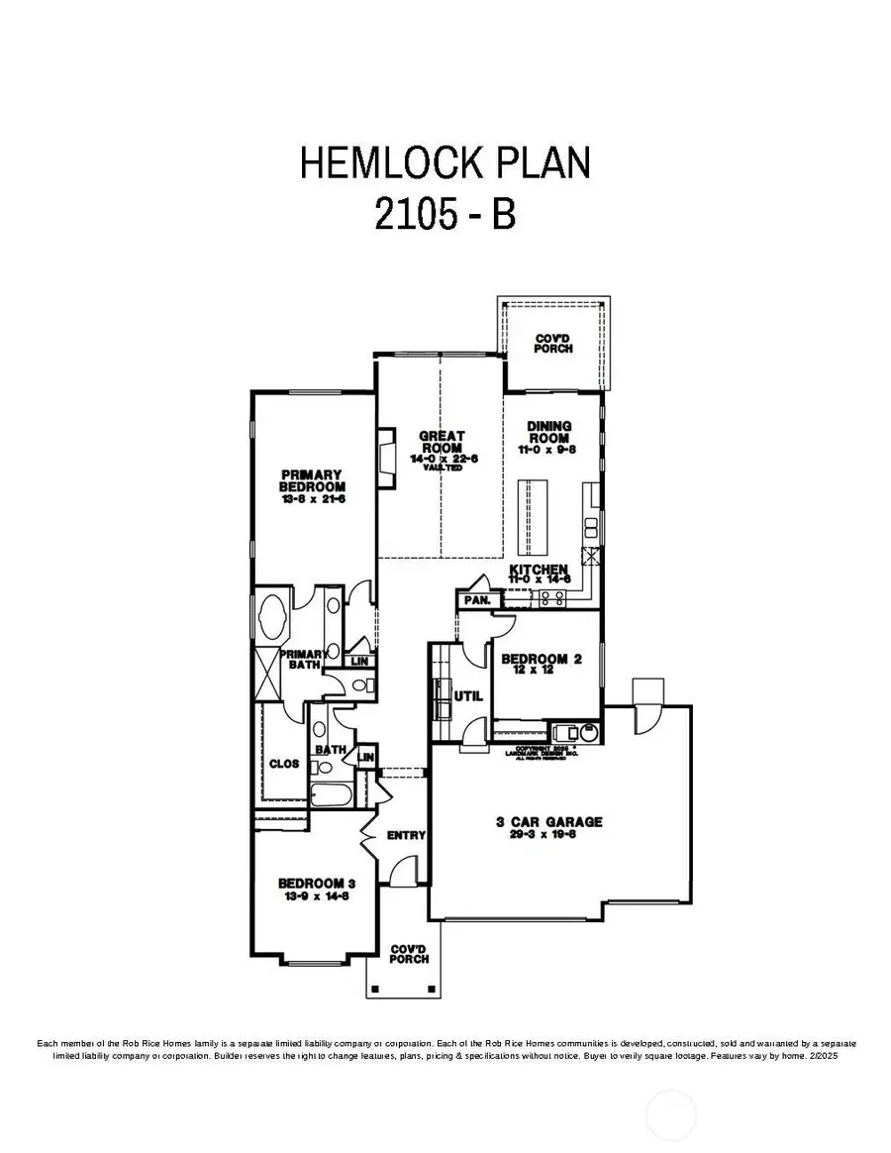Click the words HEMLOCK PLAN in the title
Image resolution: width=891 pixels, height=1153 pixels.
point(445,162)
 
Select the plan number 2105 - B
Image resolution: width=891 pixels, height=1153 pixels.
point(445,213)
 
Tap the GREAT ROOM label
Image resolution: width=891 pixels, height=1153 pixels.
point(441,442)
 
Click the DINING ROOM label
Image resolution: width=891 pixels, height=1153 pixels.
point(549,432)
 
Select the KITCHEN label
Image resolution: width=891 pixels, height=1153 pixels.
point(539,571)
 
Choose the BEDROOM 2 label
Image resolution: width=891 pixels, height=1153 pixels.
point(535,659)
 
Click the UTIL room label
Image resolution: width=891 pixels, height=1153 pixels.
point(467,696)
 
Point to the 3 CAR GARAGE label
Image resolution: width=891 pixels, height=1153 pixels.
point(550,821)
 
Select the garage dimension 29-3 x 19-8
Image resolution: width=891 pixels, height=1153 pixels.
point(550,835)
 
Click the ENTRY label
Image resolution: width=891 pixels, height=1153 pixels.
point(406,835)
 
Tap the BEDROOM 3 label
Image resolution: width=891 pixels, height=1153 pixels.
point(312,883)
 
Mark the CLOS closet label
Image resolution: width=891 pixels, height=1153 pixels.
point(284,764)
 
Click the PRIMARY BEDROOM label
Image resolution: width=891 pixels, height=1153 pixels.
point(312,480)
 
